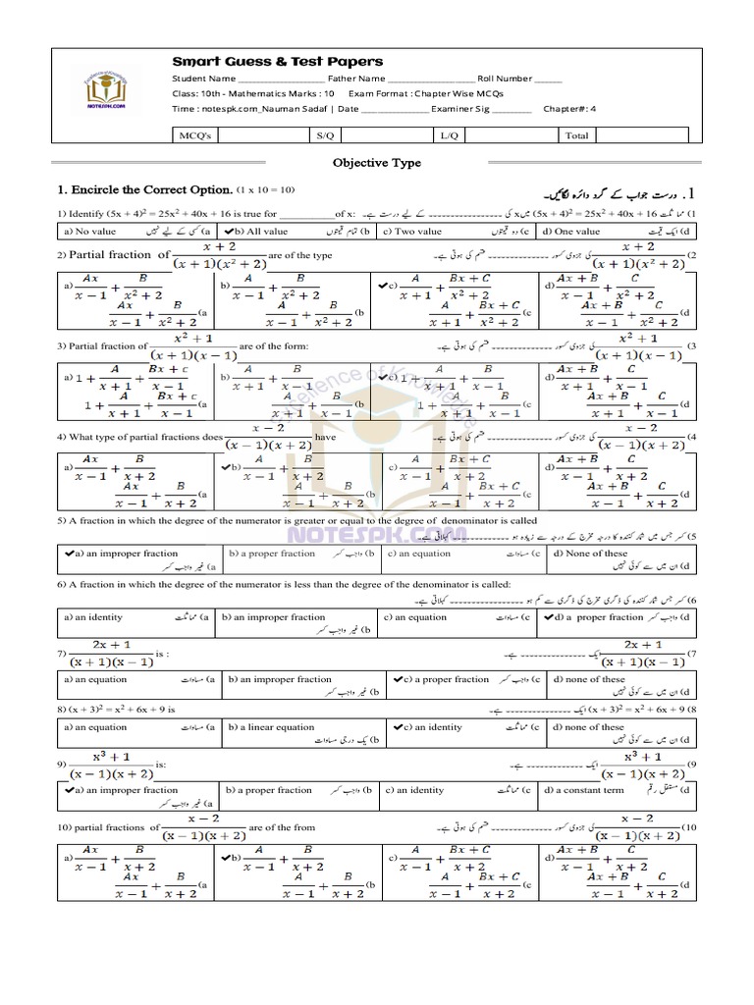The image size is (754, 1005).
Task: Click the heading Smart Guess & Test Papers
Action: click(278, 62)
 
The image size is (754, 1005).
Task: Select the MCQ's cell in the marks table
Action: click(191, 135)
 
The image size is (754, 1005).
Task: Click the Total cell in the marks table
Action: click(576, 135)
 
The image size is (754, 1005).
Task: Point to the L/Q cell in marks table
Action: click(449, 135)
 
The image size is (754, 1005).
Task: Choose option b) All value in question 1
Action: click(260, 232)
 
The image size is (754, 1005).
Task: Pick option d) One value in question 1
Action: click(577, 232)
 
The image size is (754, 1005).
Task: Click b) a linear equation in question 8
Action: click(274, 727)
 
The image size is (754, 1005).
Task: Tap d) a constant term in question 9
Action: click(593, 790)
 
